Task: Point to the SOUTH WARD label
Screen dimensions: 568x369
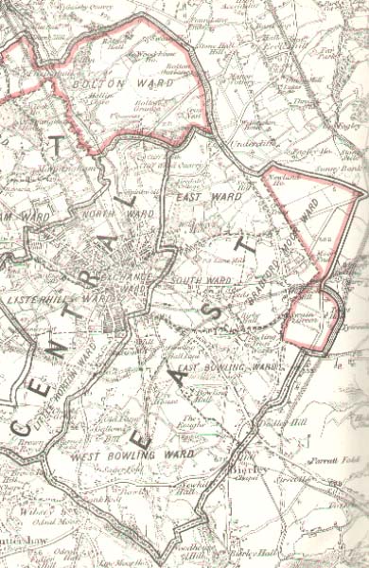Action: click(195, 281)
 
